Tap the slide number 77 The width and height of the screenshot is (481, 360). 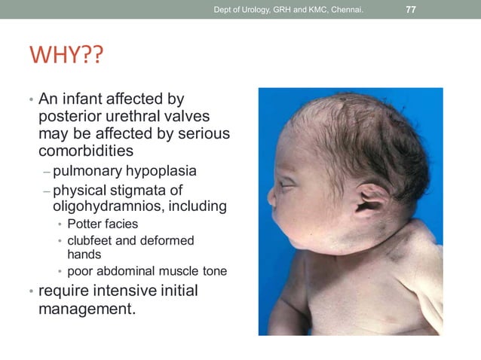pyautogui.click(x=411, y=10)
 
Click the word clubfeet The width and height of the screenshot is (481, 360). pyautogui.click(x=94, y=241)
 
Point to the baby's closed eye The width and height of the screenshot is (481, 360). pyautogui.click(x=287, y=184)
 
